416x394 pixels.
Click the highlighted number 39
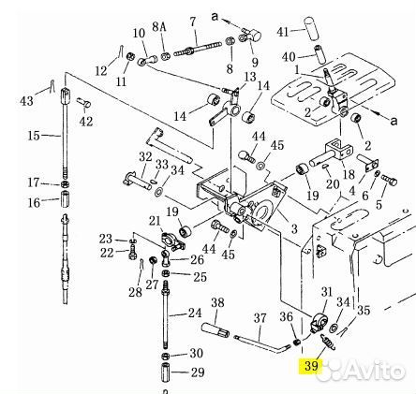pyautogui.click(x=311, y=365)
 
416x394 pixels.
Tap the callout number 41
pyautogui.click(x=283, y=32)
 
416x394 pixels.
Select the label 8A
pyautogui.click(x=159, y=27)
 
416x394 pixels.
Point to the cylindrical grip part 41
pyautogui.click(x=313, y=28)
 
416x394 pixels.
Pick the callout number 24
pyautogui.click(x=195, y=313)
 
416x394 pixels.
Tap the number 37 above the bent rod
pyautogui.click(x=260, y=318)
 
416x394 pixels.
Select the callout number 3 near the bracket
pyautogui.click(x=294, y=229)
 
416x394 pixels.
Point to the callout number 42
pyautogui.click(x=86, y=121)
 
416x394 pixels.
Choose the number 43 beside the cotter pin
pyautogui.click(x=26, y=101)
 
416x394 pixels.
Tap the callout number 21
pyautogui.click(x=155, y=221)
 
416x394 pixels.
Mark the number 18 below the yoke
pyautogui.click(x=349, y=174)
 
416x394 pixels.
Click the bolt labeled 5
pyautogui.click(x=389, y=179)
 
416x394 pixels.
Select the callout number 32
pyautogui.click(x=145, y=156)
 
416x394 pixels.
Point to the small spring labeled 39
pyautogui.click(x=327, y=341)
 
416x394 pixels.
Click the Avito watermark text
pyautogui.click(x=375, y=371)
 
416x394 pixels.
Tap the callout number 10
pyautogui.click(x=140, y=33)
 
